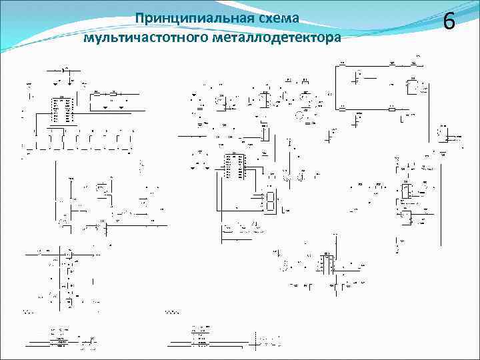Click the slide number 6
(449, 22)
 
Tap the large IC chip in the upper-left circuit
(61, 110)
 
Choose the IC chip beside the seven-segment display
(233, 166)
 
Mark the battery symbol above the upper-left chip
(64, 69)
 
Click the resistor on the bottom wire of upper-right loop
(392, 108)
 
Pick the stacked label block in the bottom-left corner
(60, 337)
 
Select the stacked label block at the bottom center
(198, 337)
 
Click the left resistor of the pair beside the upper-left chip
(98, 93)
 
